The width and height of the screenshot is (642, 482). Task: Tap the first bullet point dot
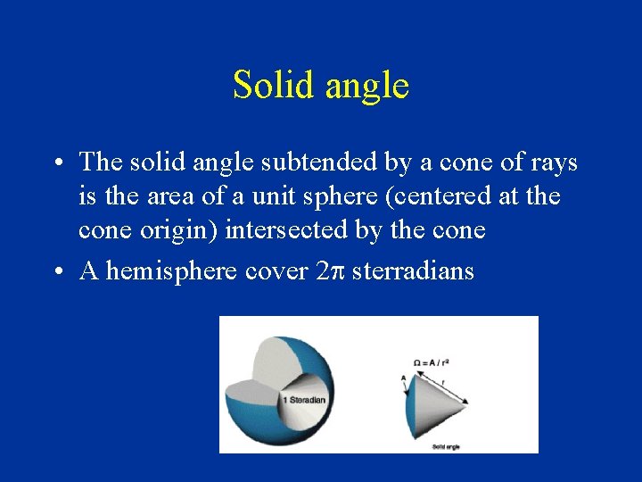click(56, 164)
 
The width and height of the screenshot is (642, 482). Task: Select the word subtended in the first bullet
click(342, 162)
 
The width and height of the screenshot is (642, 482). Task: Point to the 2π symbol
click(331, 271)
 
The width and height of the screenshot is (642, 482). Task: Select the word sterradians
click(413, 271)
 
